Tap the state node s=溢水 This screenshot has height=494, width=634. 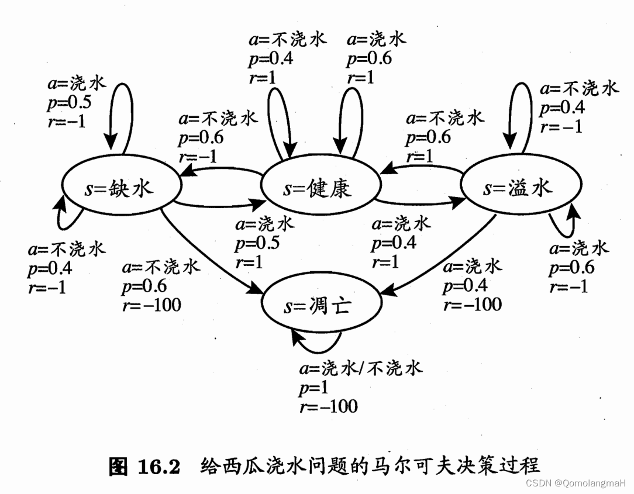[x=518, y=188]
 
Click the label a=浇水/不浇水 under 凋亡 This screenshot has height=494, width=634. [x=360, y=368]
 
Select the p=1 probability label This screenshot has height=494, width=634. [x=313, y=387]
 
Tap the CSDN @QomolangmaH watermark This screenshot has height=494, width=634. [x=576, y=483]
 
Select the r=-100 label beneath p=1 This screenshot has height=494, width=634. [x=328, y=406]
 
